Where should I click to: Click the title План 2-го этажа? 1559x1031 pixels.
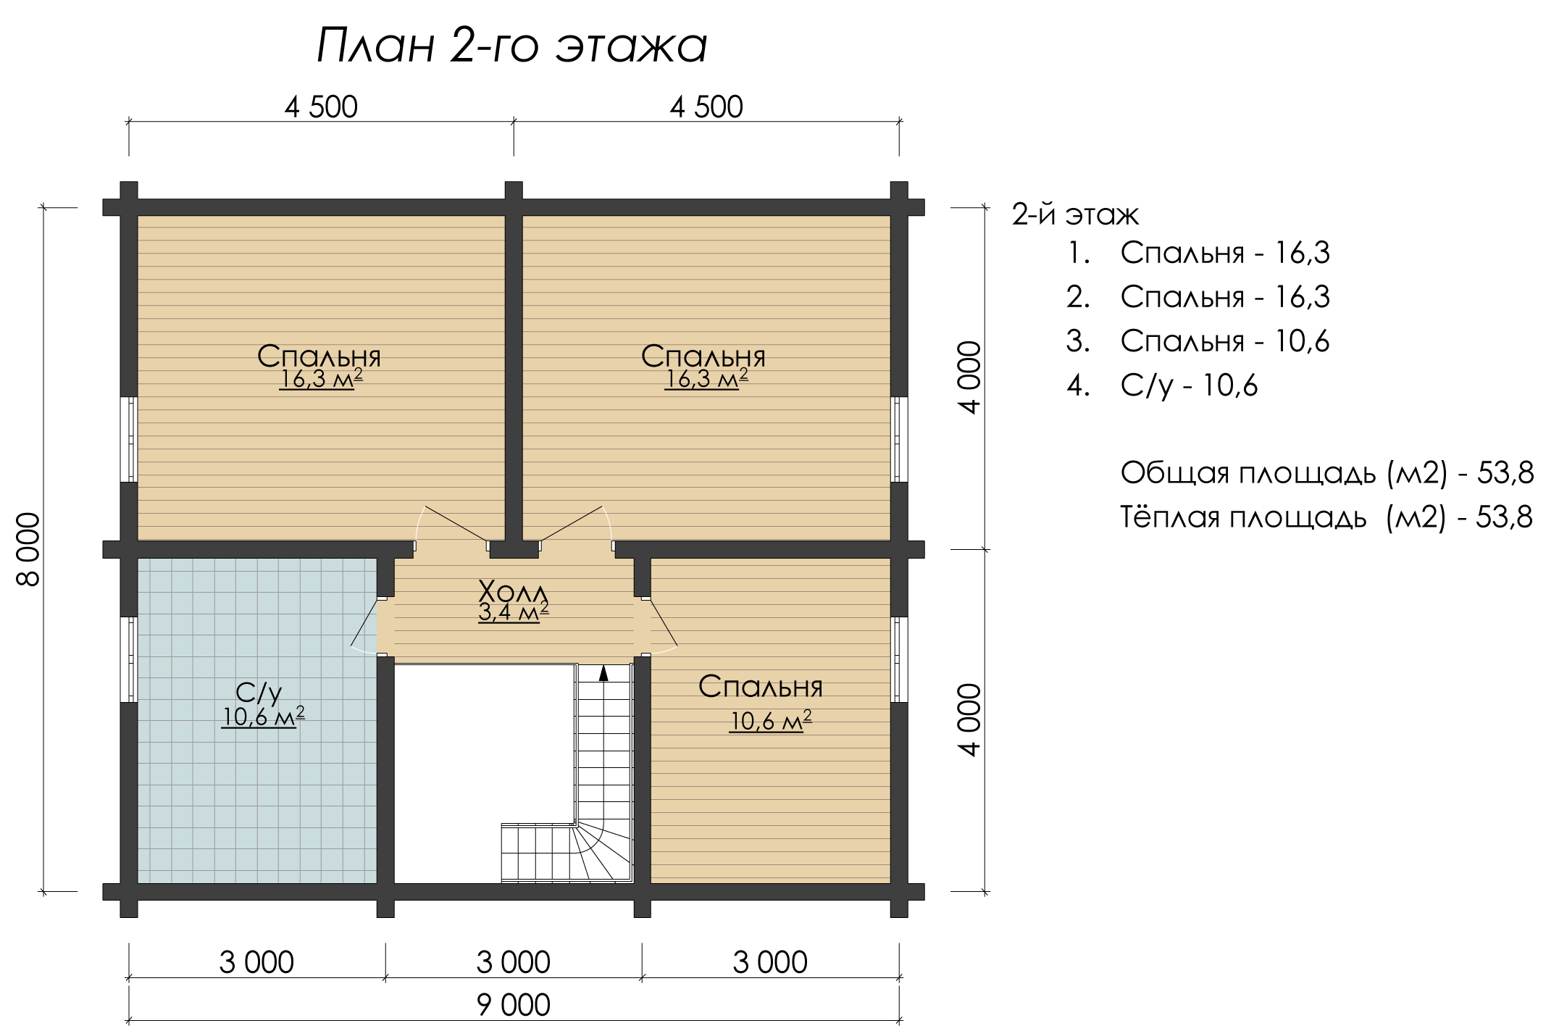click(511, 46)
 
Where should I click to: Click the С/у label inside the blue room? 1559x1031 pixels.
click(259, 693)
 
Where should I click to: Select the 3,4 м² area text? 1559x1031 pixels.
click(513, 612)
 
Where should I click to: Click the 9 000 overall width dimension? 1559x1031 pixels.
click(513, 1006)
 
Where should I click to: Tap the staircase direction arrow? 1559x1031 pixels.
click(603, 673)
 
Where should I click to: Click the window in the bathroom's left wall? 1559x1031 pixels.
click(129, 659)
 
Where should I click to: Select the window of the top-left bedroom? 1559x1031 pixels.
click(129, 439)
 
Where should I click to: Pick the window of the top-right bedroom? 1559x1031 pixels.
click(899, 439)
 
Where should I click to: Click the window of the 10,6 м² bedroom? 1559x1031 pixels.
click(899, 659)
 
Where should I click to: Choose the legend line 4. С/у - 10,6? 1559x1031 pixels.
click(1163, 385)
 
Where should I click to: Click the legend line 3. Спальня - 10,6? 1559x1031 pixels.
click(1198, 341)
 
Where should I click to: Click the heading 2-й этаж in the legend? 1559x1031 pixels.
click(1075, 215)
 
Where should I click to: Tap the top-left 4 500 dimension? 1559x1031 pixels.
click(321, 107)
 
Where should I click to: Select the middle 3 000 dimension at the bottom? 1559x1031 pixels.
click(513, 963)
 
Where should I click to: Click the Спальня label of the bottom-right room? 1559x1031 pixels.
click(761, 687)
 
